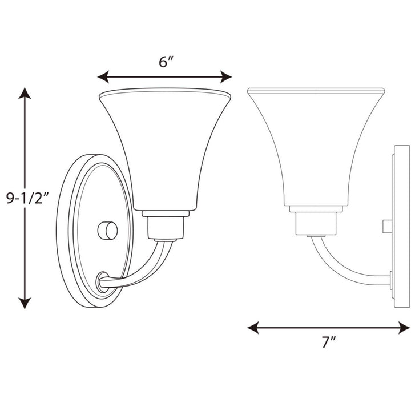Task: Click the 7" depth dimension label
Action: click(x=328, y=342)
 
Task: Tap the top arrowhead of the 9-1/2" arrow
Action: click(x=25, y=94)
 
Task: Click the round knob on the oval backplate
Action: click(x=108, y=231)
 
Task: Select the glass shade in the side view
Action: click(x=315, y=143)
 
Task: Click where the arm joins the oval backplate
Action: click(x=103, y=281)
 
